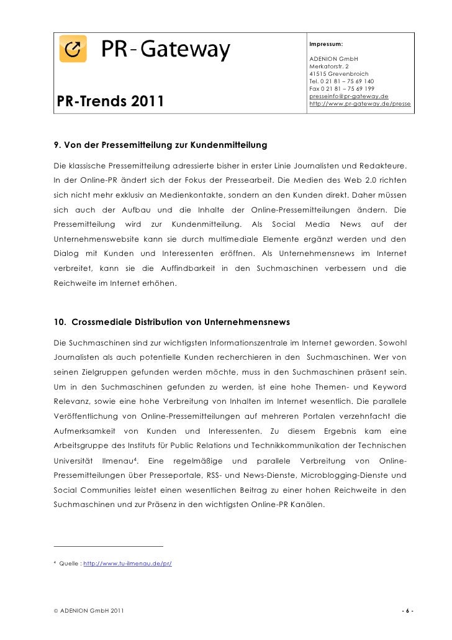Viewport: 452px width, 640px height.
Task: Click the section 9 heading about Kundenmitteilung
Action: pos(160,145)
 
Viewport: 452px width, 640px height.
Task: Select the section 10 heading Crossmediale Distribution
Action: pos(168,322)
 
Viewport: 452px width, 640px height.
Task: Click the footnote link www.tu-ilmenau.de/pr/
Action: pos(127,562)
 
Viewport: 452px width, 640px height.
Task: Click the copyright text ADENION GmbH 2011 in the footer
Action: pos(88,611)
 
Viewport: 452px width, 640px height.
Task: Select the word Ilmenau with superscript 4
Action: pos(122,462)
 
